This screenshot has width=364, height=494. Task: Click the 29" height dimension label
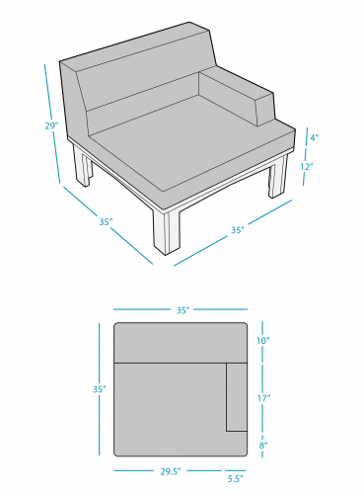click(x=51, y=125)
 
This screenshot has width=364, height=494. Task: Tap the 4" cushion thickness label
click(x=315, y=137)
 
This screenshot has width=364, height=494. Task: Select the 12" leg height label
click(x=307, y=166)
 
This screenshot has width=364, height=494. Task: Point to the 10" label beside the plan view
click(x=263, y=341)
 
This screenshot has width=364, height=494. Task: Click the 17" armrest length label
click(x=263, y=398)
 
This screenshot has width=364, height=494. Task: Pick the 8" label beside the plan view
click(x=263, y=446)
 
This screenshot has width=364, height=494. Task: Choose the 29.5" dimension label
click(x=171, y=471)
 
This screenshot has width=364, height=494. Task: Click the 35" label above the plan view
click(x=183, y=310)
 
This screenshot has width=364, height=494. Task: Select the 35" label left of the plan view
click(x=100, y=389)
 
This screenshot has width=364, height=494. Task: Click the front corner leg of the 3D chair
click(x=167, y=232)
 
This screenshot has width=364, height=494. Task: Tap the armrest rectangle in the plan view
click(x=237, y=397)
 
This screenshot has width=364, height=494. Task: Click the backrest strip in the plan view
click(x=181, y=343)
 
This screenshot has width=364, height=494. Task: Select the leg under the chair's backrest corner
click(x=82, y=166)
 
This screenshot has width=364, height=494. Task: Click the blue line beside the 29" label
click(x=52, y=123)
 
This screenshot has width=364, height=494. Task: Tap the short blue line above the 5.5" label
click(x=236, y=470)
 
